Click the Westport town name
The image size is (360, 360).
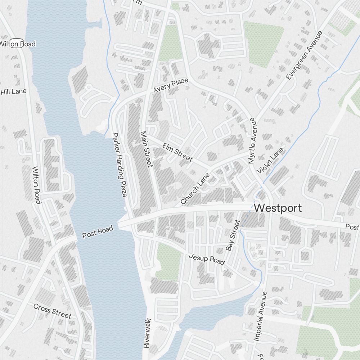click(278, 208)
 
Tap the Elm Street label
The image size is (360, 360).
click(177, 152)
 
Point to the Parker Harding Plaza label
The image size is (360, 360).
click(120, 165)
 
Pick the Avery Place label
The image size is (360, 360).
click(170, 86)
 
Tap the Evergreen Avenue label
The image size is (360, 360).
click(304, 55)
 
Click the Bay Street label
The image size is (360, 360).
click(233, 235)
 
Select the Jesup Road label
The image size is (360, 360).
click(207, 259)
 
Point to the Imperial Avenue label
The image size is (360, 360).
click(260, 316)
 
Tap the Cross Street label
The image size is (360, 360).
click(52, 311)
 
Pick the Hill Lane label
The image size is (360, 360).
click(14, 91)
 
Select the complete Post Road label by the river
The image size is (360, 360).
click(98, 232)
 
